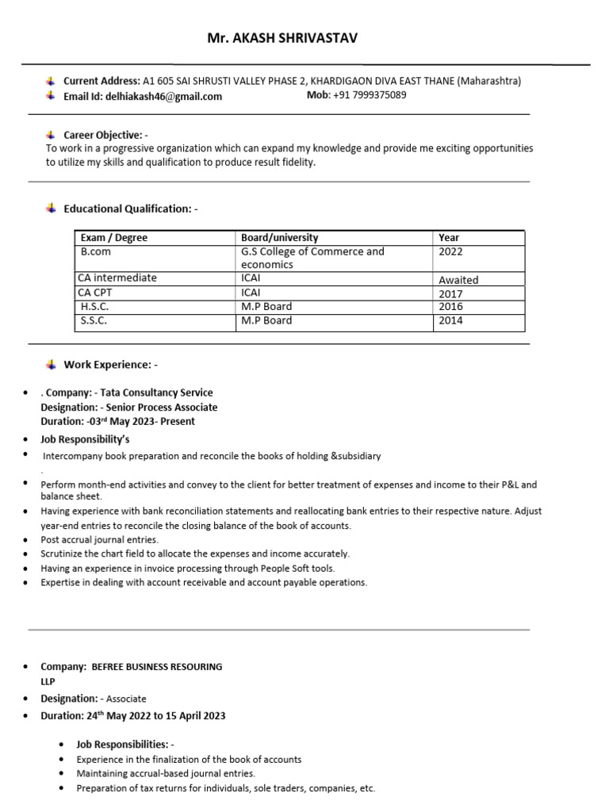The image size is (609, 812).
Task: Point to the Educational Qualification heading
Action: pyautogui.click(x=128, y=209)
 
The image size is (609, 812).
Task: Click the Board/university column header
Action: pyautogui.click(x=280, y=238)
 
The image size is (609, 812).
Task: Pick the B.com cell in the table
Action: pyautogui.click(x=95, y=251)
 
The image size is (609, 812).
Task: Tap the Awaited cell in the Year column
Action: pyautogui.click(x=458, y=280)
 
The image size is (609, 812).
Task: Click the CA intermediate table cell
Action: pyautogui.click(x=117, y=278)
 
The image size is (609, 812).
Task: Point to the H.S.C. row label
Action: pyautogui.click(x=94, y=307)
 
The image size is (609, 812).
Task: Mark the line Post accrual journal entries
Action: pyautogui.click(x=89, y=539)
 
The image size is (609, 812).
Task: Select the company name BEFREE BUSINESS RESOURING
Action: pyautogui.click(x=157, y=667)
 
